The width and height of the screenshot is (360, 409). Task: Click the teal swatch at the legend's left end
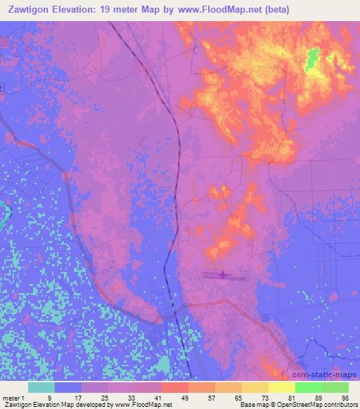click(x=41, y=387)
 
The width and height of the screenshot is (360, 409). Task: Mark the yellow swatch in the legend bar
click(x=281, y=387)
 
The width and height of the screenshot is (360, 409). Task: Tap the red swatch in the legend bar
click(x=174, y=387)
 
